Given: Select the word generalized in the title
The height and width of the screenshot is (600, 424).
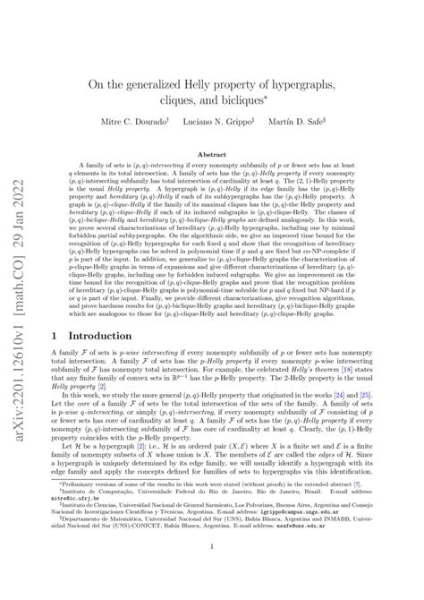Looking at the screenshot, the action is click(163, 84).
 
